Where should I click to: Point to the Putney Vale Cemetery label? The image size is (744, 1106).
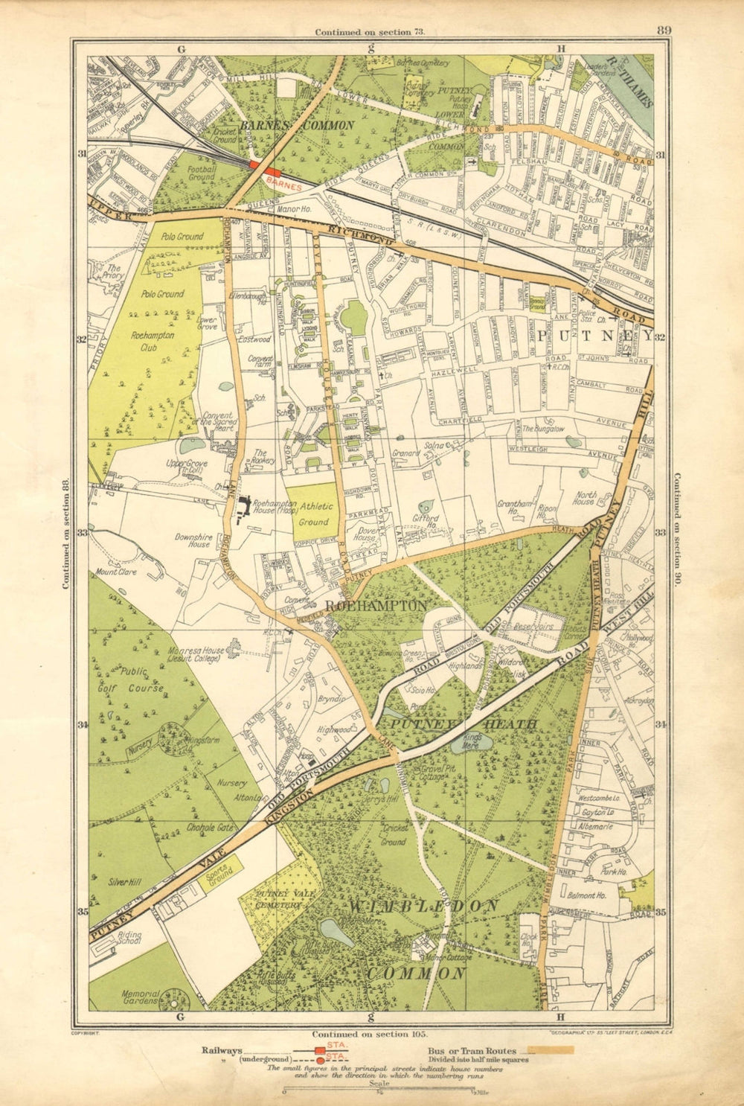[x=279, y=900]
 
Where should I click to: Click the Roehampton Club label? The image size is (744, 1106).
[x=153, y=340]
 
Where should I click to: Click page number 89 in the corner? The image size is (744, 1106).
[x=664, y=30]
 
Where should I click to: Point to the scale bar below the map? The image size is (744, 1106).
[x=379, y=1092]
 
